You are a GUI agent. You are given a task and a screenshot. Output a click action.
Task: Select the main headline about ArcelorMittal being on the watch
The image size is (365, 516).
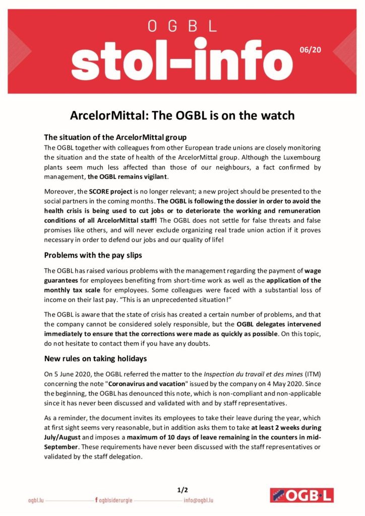click(182, 116)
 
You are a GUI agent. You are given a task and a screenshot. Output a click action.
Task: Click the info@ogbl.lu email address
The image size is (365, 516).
click(199, 500)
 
